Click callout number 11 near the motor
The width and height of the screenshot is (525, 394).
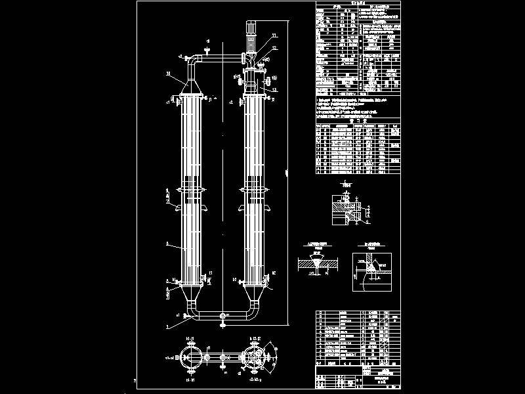(274, 34)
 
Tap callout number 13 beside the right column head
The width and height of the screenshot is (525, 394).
(275, 89)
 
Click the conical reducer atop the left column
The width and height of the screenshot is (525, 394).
(191, 88)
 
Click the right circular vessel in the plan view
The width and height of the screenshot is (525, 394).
(253, 358)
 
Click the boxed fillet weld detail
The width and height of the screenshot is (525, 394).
(372, 270)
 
